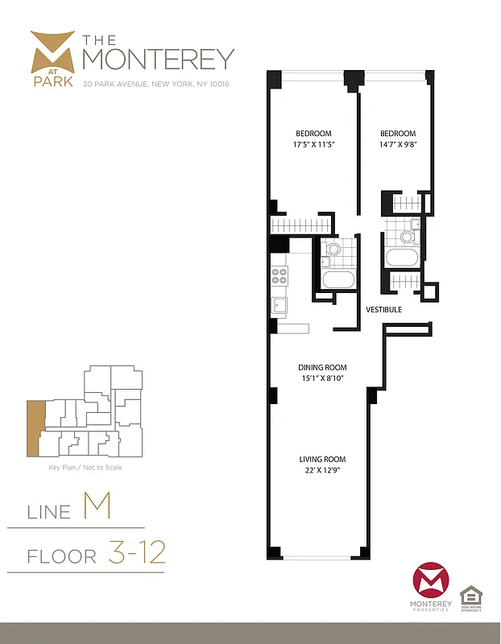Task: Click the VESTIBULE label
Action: pos(383,309)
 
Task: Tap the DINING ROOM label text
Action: pos(322,368)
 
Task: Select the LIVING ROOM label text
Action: pos(322,460)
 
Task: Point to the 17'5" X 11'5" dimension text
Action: pos(313,145)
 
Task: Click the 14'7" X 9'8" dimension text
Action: pos(398,145)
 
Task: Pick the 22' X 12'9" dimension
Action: pos(322,471)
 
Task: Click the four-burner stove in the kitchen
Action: pos(279,276)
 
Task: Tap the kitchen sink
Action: pos(279,306)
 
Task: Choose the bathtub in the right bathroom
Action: pos(402,259)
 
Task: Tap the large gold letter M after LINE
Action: pos(96,507)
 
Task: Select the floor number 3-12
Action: pos(136,553)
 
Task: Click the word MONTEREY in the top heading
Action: pos(159,59)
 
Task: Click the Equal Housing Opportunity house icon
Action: pos(470,597)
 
